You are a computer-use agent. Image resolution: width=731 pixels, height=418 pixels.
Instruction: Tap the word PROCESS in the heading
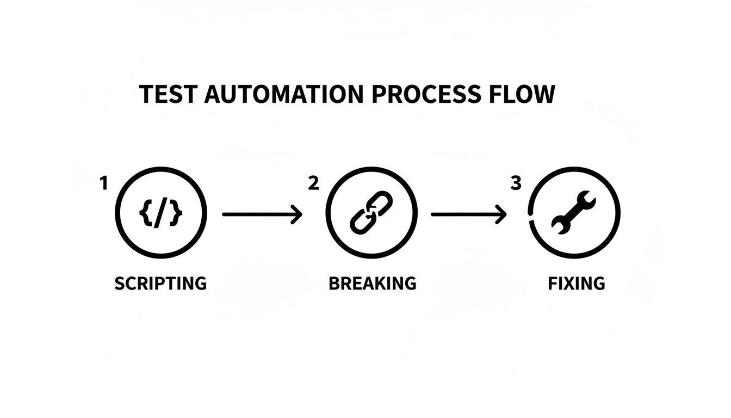click(x=426, y=94)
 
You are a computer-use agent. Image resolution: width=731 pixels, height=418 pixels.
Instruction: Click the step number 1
click(x=103, y=184)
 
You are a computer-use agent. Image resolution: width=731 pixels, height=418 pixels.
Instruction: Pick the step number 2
click(x=313, y=184)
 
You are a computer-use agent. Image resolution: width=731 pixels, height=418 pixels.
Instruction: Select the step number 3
click(x=516, y=184)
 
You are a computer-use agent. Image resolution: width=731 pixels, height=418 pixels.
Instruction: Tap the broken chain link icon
click(x=371, y=212)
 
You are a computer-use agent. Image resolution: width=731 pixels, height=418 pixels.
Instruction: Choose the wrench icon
click(x=574, y=212)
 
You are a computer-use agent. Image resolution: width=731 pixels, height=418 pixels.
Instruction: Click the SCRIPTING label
click(x=160, y=284)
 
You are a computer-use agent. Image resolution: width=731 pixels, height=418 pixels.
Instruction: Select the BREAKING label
click(x=373, y=284)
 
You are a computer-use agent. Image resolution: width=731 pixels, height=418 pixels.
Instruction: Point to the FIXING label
click(x=577, y=284)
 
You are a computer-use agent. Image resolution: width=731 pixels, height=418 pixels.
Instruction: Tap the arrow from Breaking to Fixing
click(x=468, y=214)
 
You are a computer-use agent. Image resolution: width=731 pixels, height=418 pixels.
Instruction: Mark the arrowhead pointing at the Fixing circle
click(x=501, y=214)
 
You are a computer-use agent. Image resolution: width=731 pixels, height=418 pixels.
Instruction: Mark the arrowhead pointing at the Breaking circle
click(x=297, y=214)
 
